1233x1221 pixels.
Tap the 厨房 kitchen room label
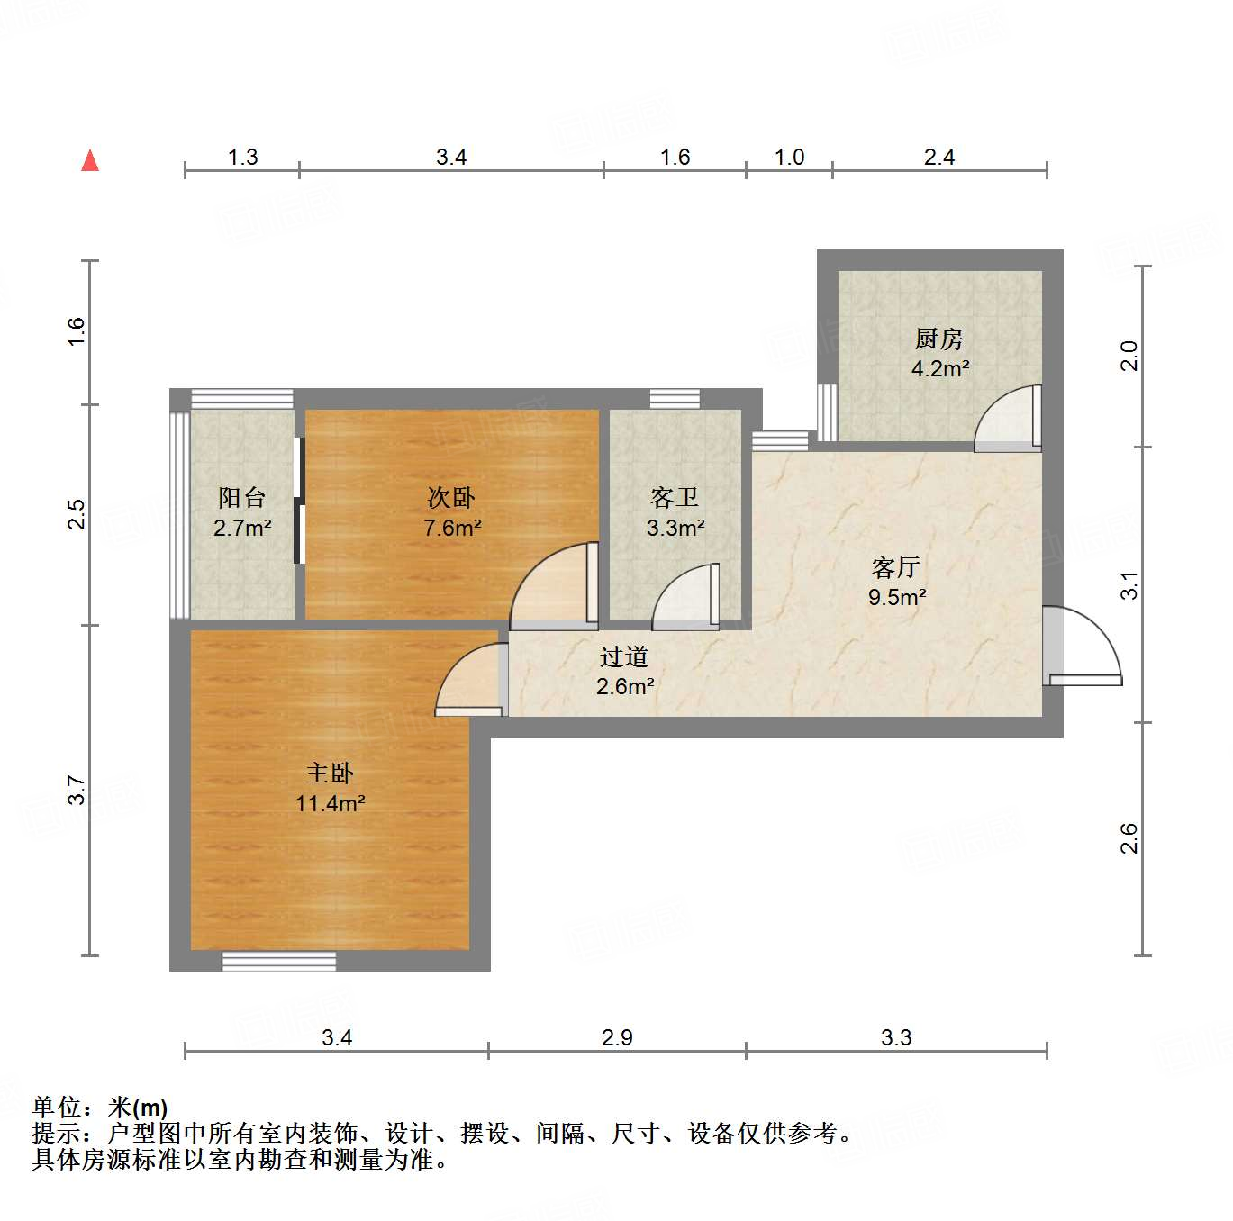pyautogui.click(x=938, y=339)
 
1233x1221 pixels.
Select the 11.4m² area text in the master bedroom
pyautogui.click(x=330, y=803)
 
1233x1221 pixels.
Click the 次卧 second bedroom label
pyautogui.click(x=450, y=497)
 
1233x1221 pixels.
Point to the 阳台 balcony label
pyautogui.click(x=241, y=497)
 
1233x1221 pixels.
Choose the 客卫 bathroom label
pyautogui.click(x=675, y=497)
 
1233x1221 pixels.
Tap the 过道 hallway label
pyautogui.click(x=624, y=656)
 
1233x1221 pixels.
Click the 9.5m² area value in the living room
pyautogui.click(x=897, y=597)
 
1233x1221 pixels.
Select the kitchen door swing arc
pyautogui.click(x=1007, y=420)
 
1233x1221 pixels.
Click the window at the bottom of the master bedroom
pyautogui.click(x=279, y=961)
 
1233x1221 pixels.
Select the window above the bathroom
pyautogui.click(x=675, y=398)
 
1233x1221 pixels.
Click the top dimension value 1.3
pyautogui.click(x=242, y=158)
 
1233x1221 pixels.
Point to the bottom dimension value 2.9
pyautogui.click(x=617, y=1038)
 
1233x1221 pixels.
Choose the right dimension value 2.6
pyautogui.click(x=1129, y=838)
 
